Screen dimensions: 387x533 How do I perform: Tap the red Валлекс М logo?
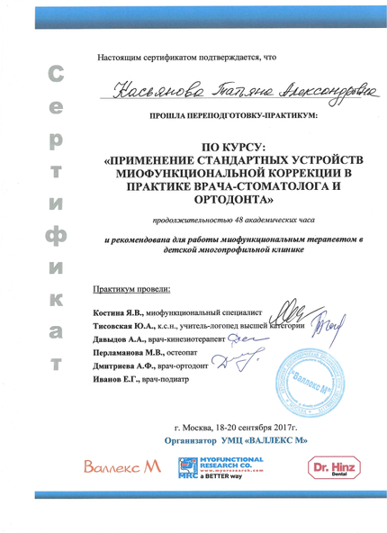tap(118, 470)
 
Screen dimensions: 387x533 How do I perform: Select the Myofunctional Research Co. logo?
tap(220, 470)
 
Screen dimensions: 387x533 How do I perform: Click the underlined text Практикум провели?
tap(130, 288)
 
